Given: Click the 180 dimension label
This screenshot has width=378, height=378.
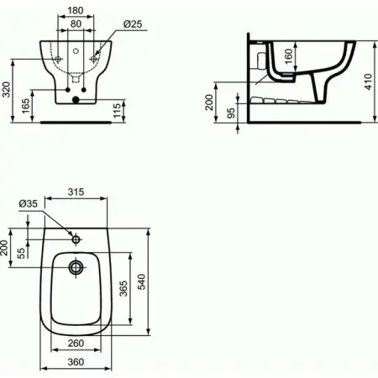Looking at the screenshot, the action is click(x=76, y=11).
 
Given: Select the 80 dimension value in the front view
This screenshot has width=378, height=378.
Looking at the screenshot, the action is click(x=76, y=24).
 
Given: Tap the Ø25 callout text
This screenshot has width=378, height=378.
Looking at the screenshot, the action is click(x=133, y=24).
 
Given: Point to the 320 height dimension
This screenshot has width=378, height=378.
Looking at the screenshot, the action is click(x=6, y=90).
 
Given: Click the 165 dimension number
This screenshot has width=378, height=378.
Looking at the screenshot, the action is click(x=26, y=106).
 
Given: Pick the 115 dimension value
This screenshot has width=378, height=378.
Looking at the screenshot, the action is click(x=117, y=110).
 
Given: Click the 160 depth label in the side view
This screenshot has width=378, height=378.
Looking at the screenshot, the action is click(x=288, y=56).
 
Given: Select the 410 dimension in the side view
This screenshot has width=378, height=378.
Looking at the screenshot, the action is click(x=369, y=81).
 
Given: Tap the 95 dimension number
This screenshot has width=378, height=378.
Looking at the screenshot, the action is click(x=231, y=113).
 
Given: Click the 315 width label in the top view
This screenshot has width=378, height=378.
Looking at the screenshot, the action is click(x=76, y=192).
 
